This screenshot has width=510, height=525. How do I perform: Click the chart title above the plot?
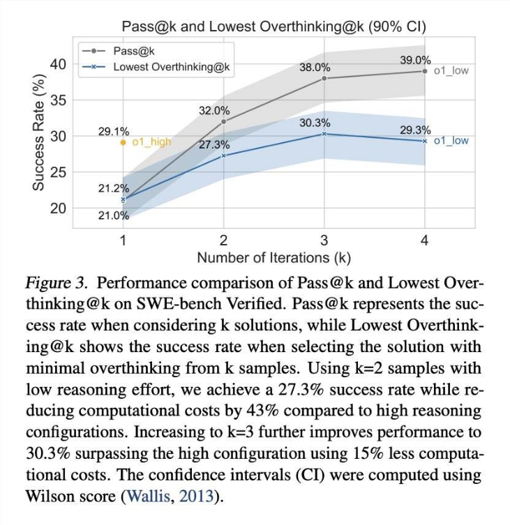point(273,26)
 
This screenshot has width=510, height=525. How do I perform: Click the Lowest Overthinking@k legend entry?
point(171,67)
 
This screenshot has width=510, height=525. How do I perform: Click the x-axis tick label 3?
point(324,241)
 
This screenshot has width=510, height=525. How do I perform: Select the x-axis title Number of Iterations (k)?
point(273,258)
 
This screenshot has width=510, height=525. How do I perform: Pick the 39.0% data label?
point(415,61)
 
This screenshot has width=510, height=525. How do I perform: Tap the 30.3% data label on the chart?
point(315,123)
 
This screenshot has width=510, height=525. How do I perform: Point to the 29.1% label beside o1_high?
point(113,131)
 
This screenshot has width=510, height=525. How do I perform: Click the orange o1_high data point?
point(123,142)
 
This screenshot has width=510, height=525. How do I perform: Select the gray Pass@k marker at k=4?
point(424,71)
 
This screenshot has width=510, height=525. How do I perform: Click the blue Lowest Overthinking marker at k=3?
point(324,133)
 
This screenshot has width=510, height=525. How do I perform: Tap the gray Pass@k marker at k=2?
point(223,121)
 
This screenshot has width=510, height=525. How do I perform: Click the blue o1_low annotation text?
point(451,141)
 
